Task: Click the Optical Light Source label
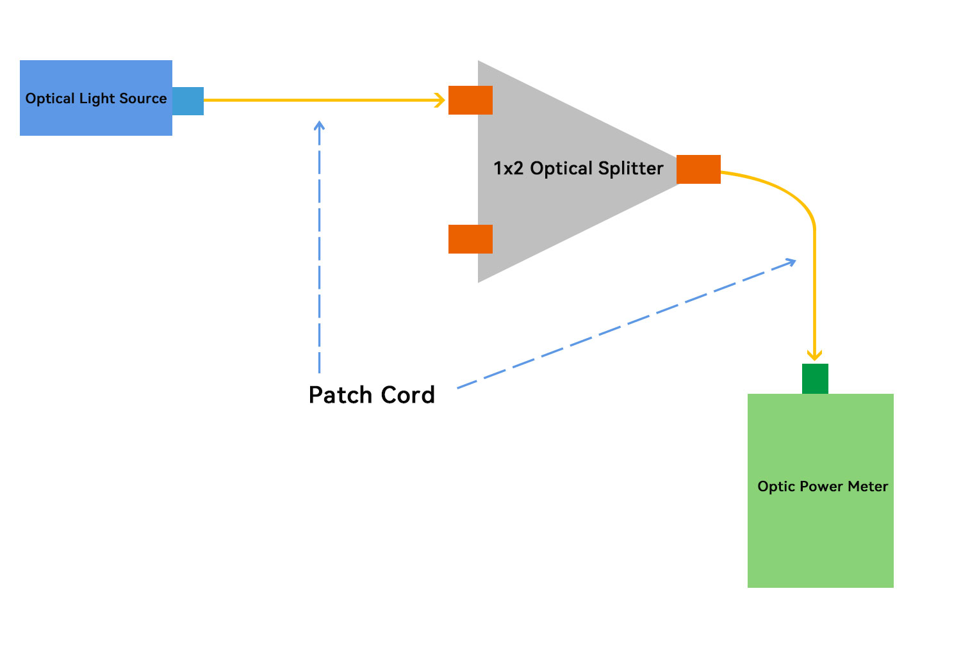(96, 99)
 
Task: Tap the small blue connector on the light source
(188, 101)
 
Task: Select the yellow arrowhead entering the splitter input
(439, 101)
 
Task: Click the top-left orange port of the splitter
(470, 101)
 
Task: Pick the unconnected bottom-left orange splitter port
(470, 239)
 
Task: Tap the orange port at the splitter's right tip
(698, 170)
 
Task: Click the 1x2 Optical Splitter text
(578, 168)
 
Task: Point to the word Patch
(341, 395)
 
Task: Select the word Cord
(409, 395)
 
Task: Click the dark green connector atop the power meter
(815, 378)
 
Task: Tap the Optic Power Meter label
(823, 487)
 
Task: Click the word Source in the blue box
(143, 99)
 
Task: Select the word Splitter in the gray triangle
(631, 168)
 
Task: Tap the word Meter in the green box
(868, 487)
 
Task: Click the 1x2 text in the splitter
(508, 168)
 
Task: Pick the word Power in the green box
(821, 487)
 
